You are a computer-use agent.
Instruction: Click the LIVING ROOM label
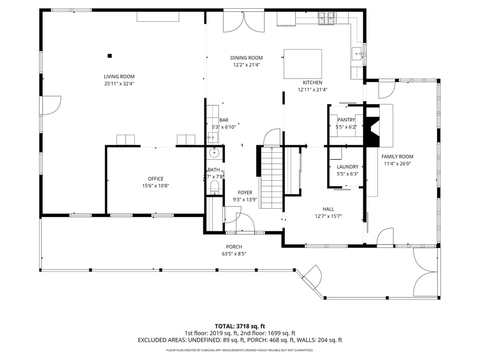click(119, 76)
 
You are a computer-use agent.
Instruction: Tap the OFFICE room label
click(155, 179)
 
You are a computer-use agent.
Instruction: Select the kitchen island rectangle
click(303, 64)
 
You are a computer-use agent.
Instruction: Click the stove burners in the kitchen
click(326, 18)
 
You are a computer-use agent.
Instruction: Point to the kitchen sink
click(357, 54)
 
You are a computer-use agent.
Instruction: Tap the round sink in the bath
click(214, 152)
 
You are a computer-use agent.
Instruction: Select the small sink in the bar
click(213, 137)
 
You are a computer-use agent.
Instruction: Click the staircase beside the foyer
click(271, 178)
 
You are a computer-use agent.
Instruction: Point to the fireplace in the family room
click(373, 126)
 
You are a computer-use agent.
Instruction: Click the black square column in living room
click(109, 56)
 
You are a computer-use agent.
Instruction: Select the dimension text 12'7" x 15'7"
click(328, 216)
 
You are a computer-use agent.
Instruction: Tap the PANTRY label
click(346, 120)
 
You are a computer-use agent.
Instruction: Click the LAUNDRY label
click(347, 167)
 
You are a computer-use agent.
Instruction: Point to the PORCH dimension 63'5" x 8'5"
click(234, 254)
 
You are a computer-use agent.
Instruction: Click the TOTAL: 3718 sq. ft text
click(239, 326)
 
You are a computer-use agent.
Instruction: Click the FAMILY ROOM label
click(397, 156)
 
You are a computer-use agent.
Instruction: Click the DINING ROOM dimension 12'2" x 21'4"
click(246, 65)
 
